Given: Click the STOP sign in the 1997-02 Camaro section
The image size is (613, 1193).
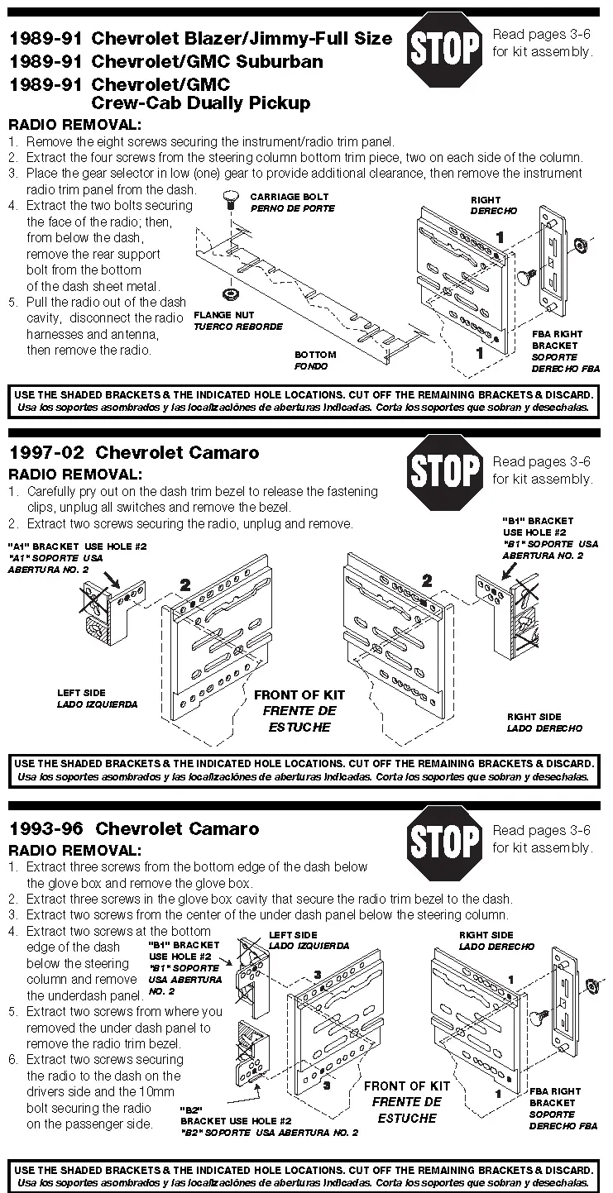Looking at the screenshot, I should click(445, 470).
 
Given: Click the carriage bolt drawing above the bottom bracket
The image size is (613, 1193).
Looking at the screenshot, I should click(232, 199).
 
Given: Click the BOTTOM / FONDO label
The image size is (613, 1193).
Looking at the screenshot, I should click(315, 360).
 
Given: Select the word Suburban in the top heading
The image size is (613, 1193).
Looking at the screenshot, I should click(280, 61).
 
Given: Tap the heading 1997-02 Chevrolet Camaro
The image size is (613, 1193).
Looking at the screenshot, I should click(134, 452).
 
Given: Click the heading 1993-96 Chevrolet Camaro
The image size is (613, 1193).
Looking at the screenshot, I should click(134, 828).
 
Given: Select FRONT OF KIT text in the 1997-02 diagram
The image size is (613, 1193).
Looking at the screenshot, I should click(299, 695).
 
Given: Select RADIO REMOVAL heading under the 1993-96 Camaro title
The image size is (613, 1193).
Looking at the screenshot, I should click(74, 850).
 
